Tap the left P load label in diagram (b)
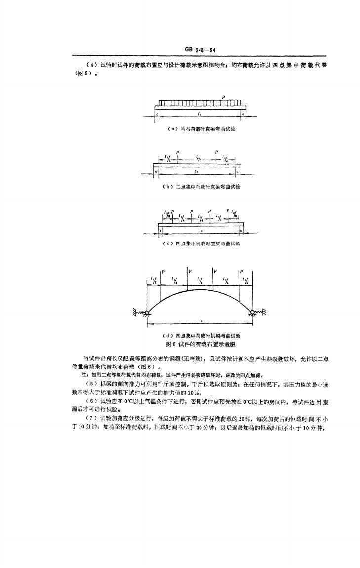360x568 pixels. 177,152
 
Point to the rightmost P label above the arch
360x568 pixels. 241,272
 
